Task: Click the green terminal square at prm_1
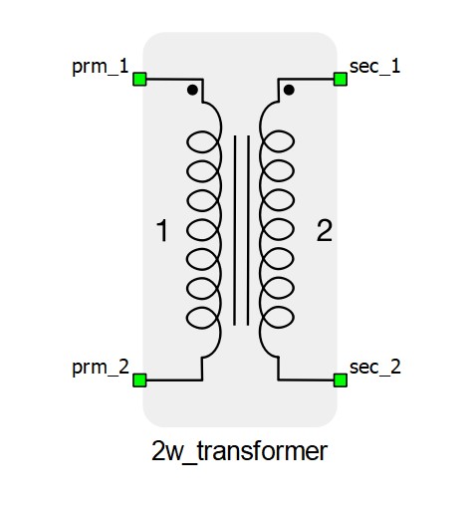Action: click(139, 80)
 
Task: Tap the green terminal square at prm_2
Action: click(139, 380)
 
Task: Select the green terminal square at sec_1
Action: click(341, 80)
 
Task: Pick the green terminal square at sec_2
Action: click(341, 380)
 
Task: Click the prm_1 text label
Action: click(101, 67)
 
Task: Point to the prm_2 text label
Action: click(101, 368)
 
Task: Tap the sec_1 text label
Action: click(375, 67)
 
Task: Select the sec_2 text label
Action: click(375, 368)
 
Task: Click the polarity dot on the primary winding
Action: click(192, 90)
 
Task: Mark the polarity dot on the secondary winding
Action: click(289, 90)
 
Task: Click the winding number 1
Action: click(162, 230)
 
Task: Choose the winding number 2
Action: click(325, 230)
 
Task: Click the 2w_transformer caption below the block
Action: click(239, 451)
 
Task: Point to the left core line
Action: click(235, 230)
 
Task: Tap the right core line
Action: click(248, 230)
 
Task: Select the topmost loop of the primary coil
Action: click(187, 141)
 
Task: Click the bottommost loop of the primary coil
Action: click(187, 318)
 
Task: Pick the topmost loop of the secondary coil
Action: click(294, 141)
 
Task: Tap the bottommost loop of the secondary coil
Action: click(294, 318)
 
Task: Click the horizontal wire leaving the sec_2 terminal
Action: click(306, 380)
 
